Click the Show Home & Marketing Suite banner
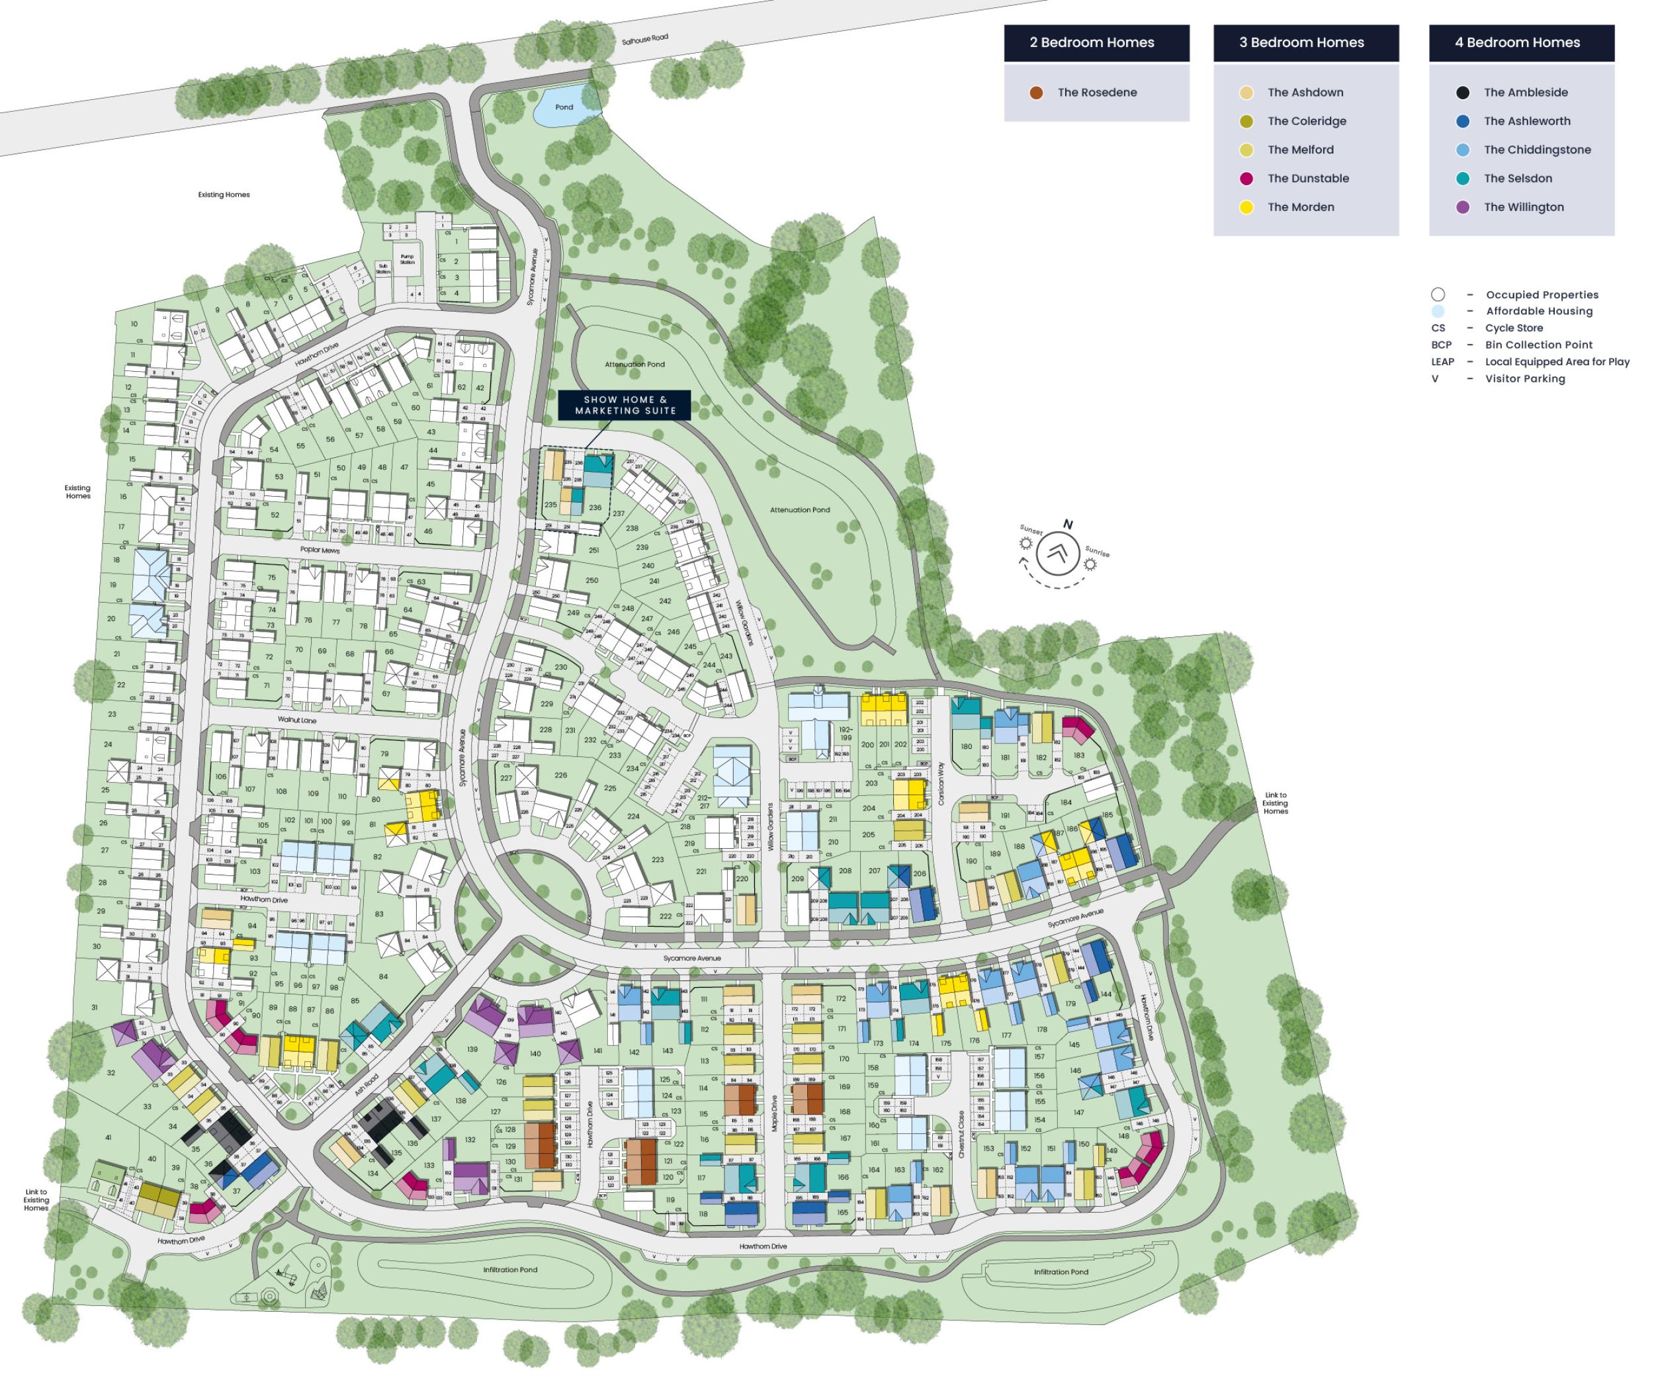[x=625, y=405]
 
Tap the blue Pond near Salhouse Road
[x=564, y=107]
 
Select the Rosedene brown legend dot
[x=1037, y=92]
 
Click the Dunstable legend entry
[x=1307, y=178]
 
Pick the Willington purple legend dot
[x=1463, y=207]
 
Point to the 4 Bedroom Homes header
[x=1521, y=42]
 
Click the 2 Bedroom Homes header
[x=1096, y=42]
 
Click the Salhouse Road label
[x=644, y=38]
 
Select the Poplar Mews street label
[x=320, y=549]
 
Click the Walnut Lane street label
[x=297, y=720]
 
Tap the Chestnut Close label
[x=961, y=1134]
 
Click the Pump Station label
[x=407, y=259]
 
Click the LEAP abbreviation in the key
[x=1442, y=361]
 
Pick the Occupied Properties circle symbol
[x=1438, y=294]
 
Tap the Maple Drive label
[x=774, y=1114]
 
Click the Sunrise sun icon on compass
[x=1090, y=564]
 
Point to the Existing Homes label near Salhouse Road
[x=224, y=194]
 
